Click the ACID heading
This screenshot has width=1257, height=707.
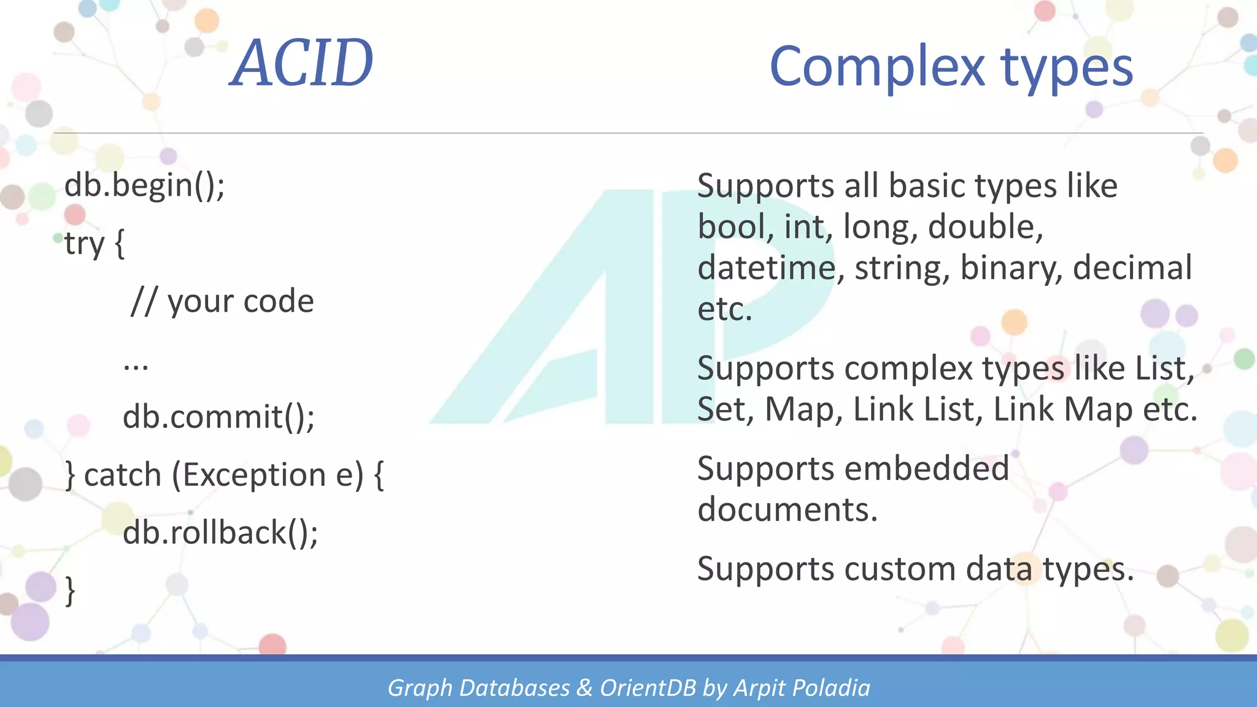[302, 63]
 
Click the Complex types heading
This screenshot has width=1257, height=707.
[951, 67]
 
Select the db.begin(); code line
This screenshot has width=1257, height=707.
[145, 185]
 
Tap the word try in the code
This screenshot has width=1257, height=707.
[84, 244]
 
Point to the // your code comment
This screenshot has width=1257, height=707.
[222, 301]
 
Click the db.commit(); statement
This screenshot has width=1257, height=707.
[219, 417]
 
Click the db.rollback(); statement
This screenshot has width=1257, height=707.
[220, 532]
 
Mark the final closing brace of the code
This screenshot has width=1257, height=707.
[71, 590]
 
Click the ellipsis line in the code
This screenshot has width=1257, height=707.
[136, 366]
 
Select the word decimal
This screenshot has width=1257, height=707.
[1132, 268]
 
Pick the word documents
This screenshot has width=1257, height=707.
[787, 509]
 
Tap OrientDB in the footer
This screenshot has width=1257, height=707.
[648, 688]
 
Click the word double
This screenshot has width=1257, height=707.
[985, 227]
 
